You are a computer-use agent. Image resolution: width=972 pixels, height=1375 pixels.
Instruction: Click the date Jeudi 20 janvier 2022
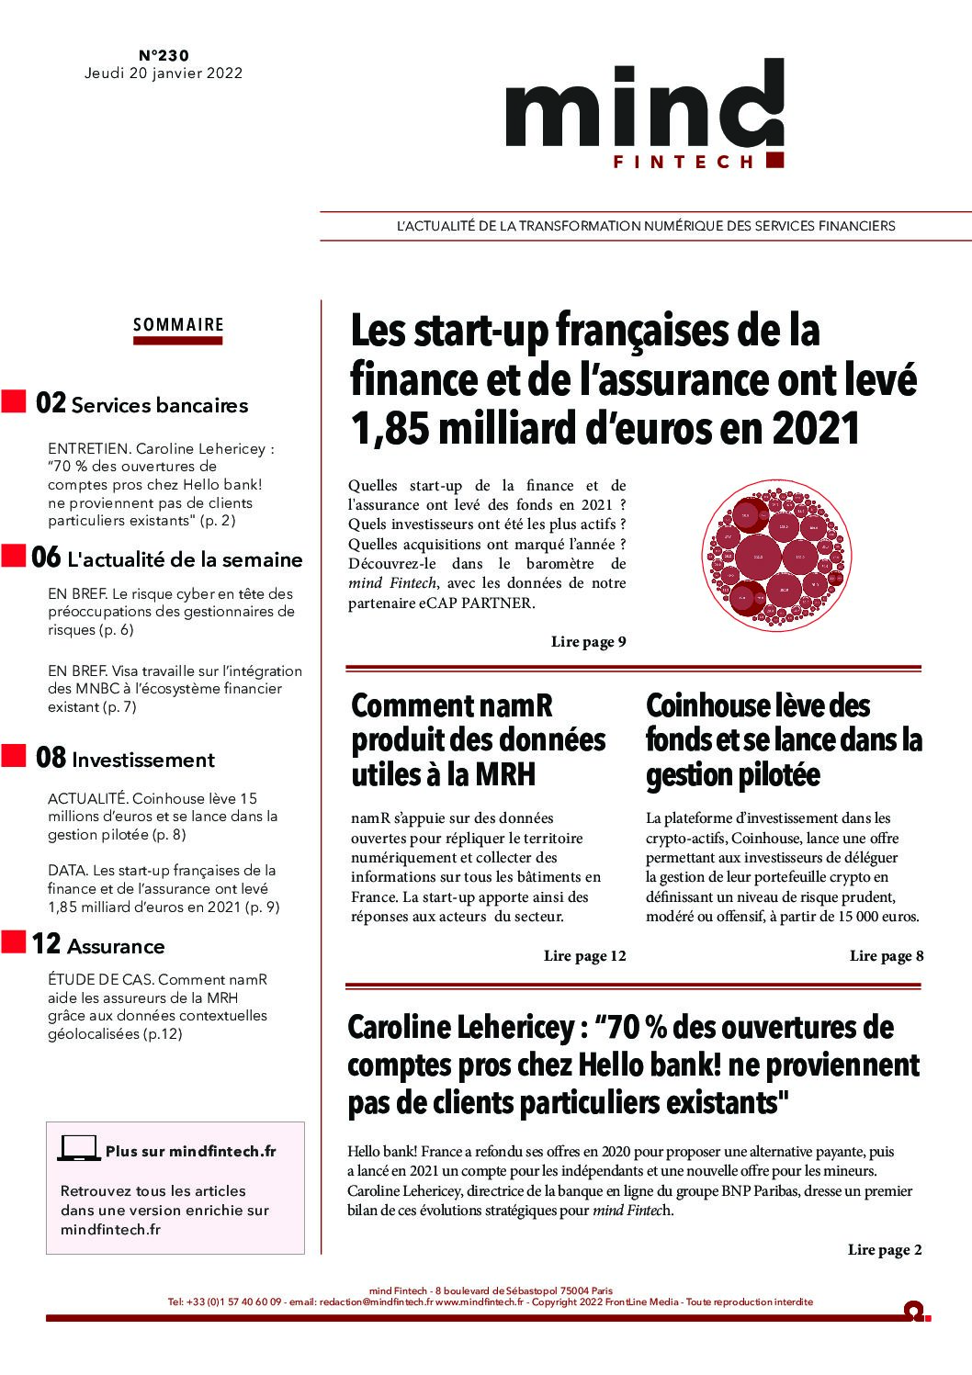164,73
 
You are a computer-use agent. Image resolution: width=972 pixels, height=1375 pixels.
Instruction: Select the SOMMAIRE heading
178,324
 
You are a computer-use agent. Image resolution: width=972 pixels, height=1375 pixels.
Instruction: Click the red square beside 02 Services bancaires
12,401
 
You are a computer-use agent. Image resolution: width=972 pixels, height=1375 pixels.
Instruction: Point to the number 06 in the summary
46,558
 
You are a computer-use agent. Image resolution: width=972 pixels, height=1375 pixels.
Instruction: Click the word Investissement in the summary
142,760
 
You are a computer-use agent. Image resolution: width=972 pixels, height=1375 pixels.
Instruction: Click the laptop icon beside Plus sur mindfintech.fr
79,1149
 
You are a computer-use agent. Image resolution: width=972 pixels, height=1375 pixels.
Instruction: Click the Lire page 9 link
588,642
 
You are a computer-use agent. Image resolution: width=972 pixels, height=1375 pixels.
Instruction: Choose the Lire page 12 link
584,956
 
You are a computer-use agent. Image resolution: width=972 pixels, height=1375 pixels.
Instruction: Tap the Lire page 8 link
887,956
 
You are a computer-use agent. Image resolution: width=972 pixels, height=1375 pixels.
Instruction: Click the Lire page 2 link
885,1249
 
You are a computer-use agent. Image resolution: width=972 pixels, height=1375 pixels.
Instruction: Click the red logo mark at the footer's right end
914,1311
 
